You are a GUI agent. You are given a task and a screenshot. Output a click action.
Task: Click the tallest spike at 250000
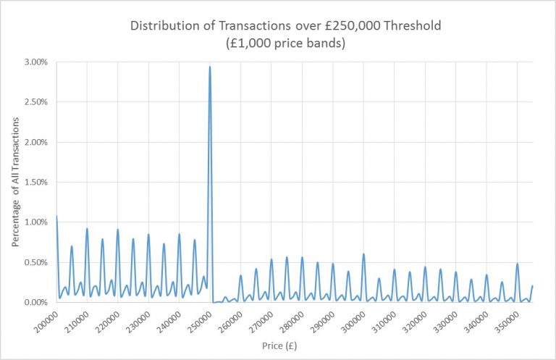coord(210,67)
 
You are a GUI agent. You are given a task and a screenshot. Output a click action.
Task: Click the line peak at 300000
coord(363,254)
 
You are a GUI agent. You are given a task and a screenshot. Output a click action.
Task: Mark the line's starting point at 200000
coord(56,216)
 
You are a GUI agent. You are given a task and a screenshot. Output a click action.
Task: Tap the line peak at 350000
coord(517,264)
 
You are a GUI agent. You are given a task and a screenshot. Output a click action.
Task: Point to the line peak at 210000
coord(87,229)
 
